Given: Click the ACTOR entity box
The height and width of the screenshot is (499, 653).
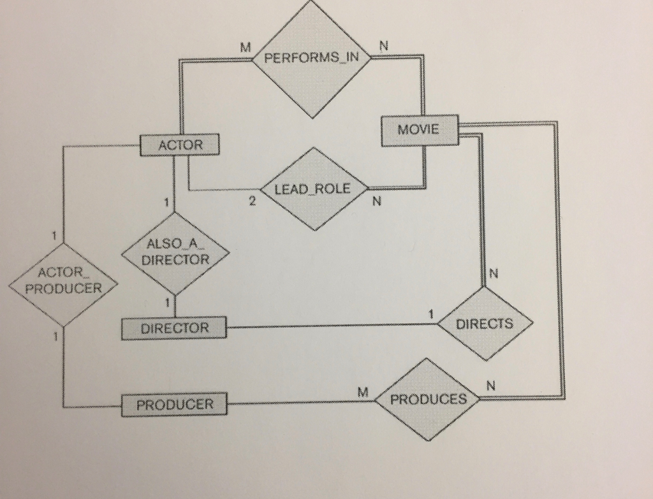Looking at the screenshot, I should click(180, 145).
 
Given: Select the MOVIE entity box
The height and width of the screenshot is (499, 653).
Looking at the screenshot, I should click(418, 130).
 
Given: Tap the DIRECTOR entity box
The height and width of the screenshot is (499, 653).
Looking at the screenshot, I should click(174, 329).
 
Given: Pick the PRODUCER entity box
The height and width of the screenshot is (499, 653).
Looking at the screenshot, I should click(174, 404).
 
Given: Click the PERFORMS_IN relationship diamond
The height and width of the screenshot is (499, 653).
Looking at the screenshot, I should click(312, 59).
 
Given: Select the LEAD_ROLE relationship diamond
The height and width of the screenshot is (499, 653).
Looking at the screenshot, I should click(312, 189).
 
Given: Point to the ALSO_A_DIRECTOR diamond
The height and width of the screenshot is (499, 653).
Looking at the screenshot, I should click(175, 253).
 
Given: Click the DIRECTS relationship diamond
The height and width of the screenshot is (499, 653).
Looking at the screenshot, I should click(485, 324).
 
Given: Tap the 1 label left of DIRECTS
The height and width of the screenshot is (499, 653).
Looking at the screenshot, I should click(431, 314).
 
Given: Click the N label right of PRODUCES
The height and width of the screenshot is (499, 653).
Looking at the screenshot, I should click(490, 386).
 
